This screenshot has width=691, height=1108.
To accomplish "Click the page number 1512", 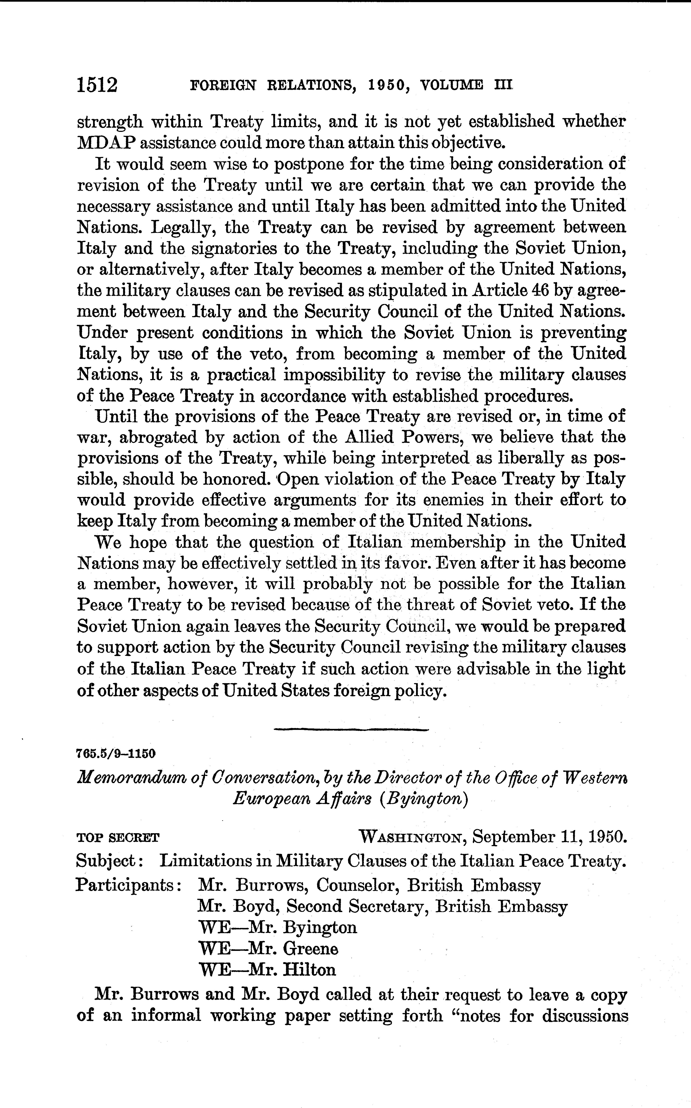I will coord(97,85).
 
